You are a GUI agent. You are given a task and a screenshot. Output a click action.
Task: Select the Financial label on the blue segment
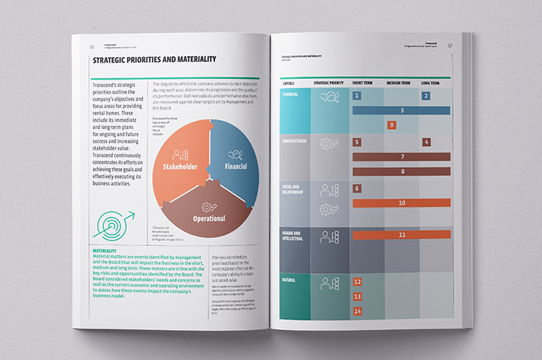[x=235, y=166]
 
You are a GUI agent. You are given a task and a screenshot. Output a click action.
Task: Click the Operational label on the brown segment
[x=208, y=218]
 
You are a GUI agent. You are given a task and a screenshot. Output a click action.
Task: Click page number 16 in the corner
[x=91, y=46]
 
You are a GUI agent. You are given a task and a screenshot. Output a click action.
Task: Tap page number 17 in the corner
[x=450, y=46]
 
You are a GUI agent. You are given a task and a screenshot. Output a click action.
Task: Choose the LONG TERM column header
[x=430, y=83]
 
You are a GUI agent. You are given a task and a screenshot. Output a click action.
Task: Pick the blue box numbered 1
[x=356, y=96]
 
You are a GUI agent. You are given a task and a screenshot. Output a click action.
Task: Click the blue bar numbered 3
[x=402, y=110]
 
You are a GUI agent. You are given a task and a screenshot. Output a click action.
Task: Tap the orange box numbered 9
[x=392, y=125]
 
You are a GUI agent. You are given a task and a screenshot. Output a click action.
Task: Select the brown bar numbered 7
[x=402, y=157]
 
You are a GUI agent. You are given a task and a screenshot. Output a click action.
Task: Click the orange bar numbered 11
[x=402, y=234]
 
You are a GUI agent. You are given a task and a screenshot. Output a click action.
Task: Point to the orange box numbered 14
[x=357, y=311]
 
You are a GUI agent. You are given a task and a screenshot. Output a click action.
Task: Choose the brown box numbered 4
[x=427, y=142]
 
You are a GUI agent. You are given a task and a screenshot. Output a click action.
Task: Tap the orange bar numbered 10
[x=402, y=203]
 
